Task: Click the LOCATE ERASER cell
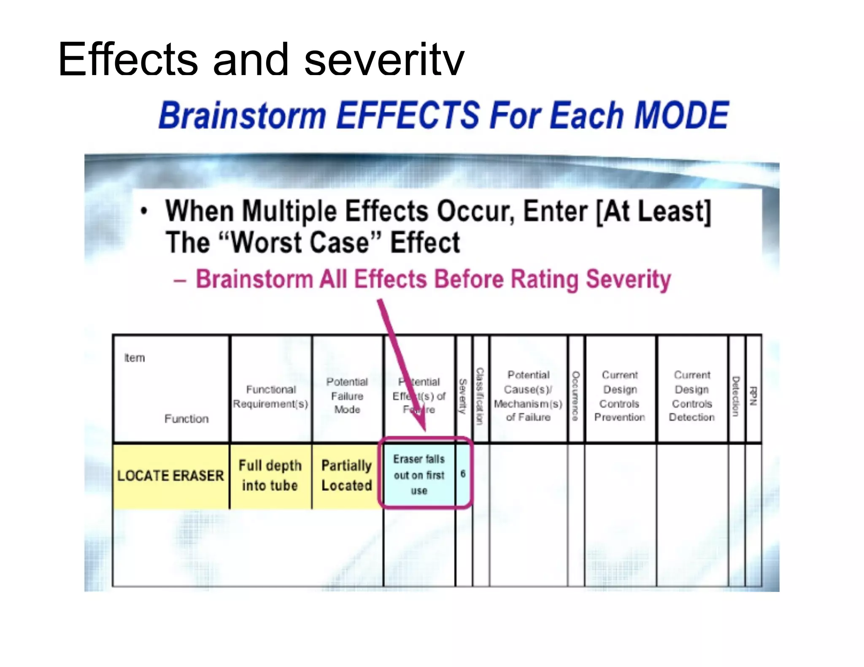pos(170,476)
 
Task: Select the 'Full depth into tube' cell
pos(270,475)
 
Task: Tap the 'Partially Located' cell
pos(347,475)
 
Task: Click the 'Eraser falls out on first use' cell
pos(419,475)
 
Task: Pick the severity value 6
pos(463,474)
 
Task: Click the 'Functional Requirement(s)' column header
pos(271,396)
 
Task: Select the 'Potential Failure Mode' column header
pos(347,395)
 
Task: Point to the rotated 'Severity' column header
pos(463,396)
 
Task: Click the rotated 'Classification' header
pos(480,396)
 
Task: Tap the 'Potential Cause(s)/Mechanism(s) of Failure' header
pos(528,396)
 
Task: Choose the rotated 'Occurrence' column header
pos(575,396)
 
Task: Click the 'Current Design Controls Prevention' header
pos(620,396)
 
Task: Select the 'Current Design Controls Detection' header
pos(692,396)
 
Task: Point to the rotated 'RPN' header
pos(753,396)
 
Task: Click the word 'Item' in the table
pos(134,358)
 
